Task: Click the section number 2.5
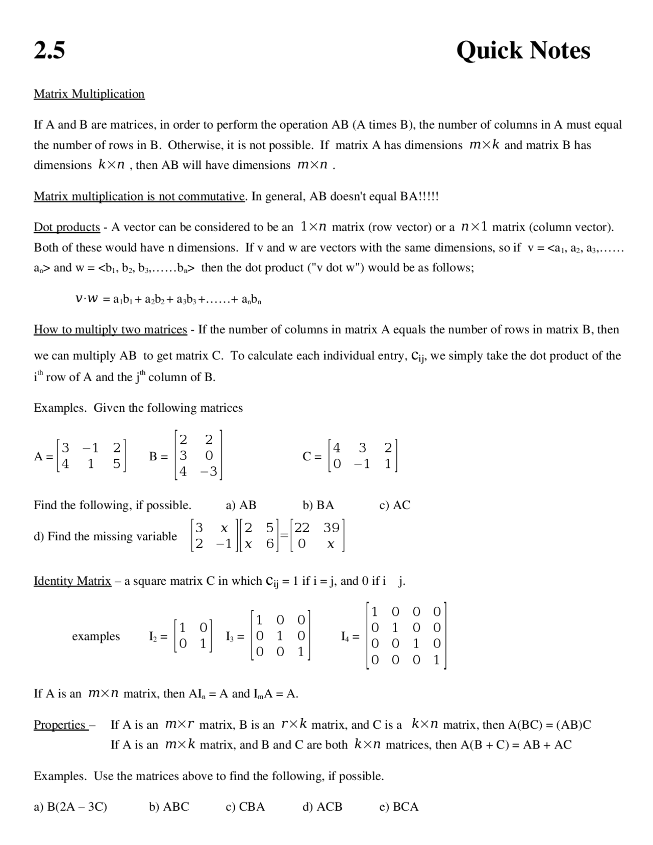click(x=49, y=51)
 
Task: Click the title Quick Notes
click(x=523, y=51)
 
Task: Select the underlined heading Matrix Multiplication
click(x=89, y=94)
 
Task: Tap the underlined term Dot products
click(x=67, y=227)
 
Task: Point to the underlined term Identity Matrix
click(x=72, y=581)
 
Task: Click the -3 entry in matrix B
click(x=209, y=471)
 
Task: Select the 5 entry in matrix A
click(x=117, y=464)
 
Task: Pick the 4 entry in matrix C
click(x=337, y=448)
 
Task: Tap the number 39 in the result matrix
click(x=331, y=528)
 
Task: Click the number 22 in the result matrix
click(x=302, y=528)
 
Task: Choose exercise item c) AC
click(x=394, y=505)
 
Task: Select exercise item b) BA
click(x=318, y=505)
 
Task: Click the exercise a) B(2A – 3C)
click(x=70, y=807)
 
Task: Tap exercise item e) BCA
click(x=399, y=807)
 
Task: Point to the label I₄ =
click(x=350, y=636)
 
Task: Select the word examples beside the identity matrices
click(x=96, y=636)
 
